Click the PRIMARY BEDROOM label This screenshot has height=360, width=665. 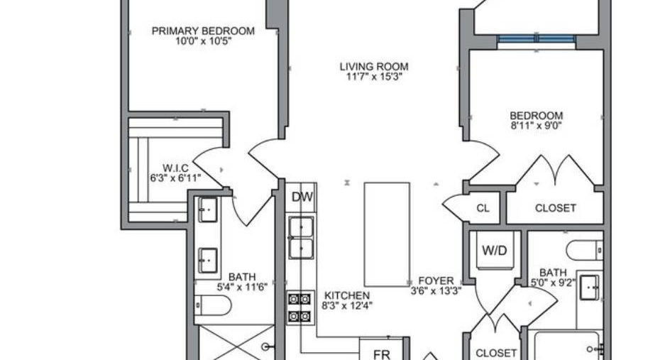tap(203, 31)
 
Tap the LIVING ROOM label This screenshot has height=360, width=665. tap(374, 67)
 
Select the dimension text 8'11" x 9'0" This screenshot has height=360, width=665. tap(537, 126)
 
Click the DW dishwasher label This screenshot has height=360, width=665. tap(302, 197)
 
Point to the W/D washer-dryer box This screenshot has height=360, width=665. tap(495, 251)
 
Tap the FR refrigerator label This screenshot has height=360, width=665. tap(381, 354)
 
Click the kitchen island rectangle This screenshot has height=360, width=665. tap(387, 234)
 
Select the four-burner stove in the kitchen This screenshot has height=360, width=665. tap(299, 307)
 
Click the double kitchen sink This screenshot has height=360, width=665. tap(301, 238)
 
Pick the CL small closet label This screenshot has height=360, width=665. tap(483, 209)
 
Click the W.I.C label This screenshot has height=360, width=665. tap(175, 168)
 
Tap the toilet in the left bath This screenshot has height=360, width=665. tap(213, 305)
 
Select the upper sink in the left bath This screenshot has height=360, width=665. tap(208, 209)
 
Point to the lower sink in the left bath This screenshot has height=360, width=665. tap(208, 261)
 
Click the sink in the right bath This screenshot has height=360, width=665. tap(590, 288)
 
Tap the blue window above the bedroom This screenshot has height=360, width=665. tap(537, 39)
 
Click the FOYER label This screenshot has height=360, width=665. tap(436, 281)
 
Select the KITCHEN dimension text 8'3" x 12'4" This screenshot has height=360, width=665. tap(347, 305)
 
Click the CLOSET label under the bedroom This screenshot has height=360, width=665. tap(555, 209)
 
